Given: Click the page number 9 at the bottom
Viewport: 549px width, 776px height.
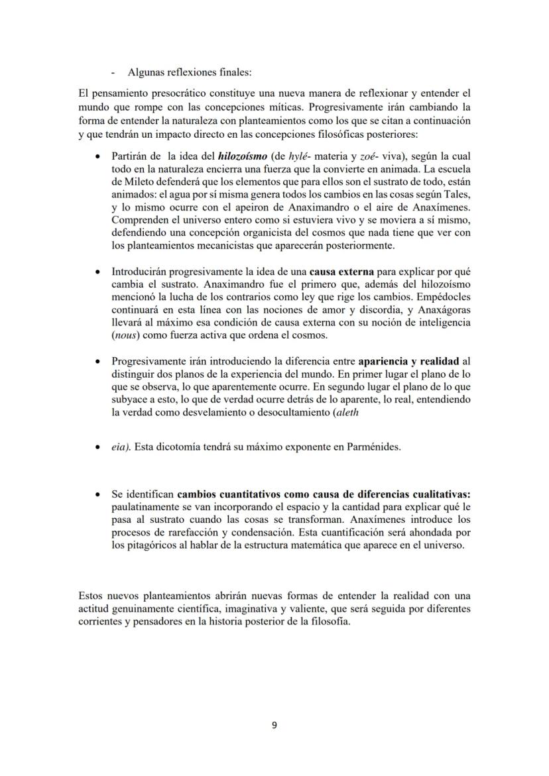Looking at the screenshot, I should point(274,725).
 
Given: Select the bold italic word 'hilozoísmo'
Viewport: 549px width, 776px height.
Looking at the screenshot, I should point(242,156).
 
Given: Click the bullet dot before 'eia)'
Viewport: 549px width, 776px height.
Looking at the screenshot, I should point(98,447).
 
